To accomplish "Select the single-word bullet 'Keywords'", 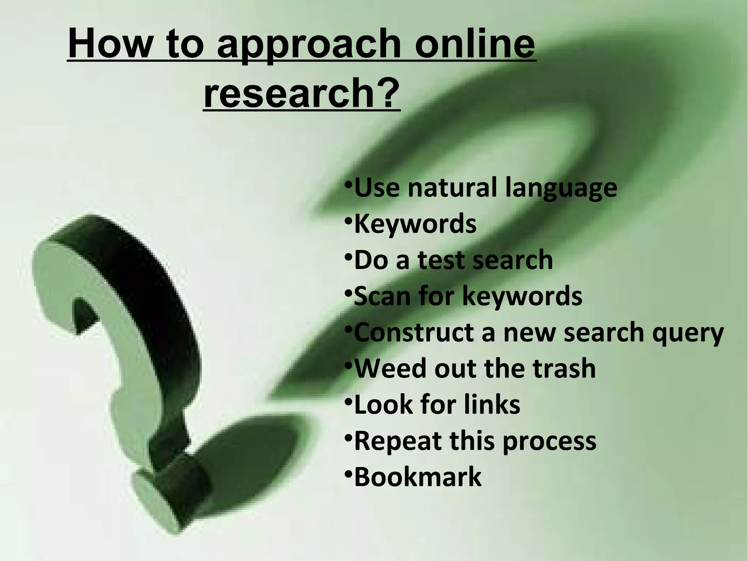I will (x=415, y=224).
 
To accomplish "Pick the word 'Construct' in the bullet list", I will (x=415, y=332).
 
